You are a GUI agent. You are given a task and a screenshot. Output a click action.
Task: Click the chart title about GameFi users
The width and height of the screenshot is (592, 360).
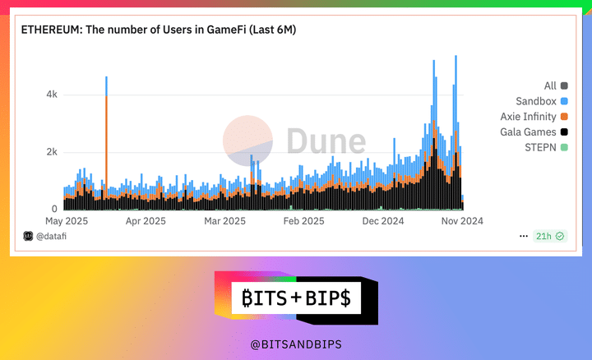(158, 30)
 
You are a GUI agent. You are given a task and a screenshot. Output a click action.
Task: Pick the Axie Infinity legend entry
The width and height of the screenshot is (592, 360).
(527, 117)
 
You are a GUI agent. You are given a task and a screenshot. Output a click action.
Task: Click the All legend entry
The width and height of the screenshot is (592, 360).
(551, 85)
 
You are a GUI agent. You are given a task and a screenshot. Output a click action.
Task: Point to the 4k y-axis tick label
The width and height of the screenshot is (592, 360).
(51, 95)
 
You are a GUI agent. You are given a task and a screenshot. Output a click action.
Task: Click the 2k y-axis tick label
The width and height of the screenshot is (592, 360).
(51, 152)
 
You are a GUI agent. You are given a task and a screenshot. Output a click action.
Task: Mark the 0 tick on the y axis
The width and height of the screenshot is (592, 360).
(54, 209)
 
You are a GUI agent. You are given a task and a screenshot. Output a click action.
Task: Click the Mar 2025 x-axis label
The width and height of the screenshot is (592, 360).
(224, 221)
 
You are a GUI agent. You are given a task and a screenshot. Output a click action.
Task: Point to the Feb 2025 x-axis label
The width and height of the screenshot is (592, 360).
(303, 221)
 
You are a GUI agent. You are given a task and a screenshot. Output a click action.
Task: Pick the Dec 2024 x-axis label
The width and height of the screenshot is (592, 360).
(382, 221)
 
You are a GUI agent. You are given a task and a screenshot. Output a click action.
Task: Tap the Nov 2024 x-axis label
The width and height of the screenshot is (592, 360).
(461, 221)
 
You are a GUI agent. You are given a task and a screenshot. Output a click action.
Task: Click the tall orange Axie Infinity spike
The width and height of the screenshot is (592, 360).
(106, 140)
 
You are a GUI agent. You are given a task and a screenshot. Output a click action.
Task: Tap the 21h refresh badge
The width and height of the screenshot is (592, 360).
(548, 236)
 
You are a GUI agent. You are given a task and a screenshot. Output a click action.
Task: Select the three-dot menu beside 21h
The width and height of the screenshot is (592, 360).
(524, 236)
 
